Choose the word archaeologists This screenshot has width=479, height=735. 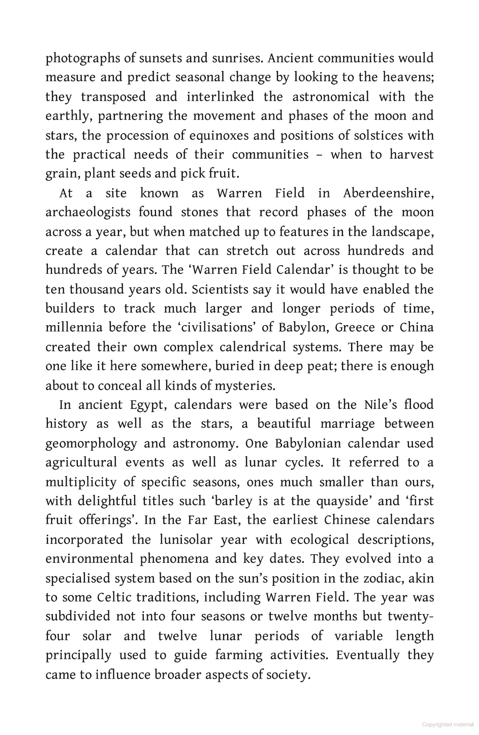(x=88, y=213)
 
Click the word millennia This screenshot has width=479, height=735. (x=74, y=328)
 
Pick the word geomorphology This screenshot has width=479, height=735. (x=91, y=444)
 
